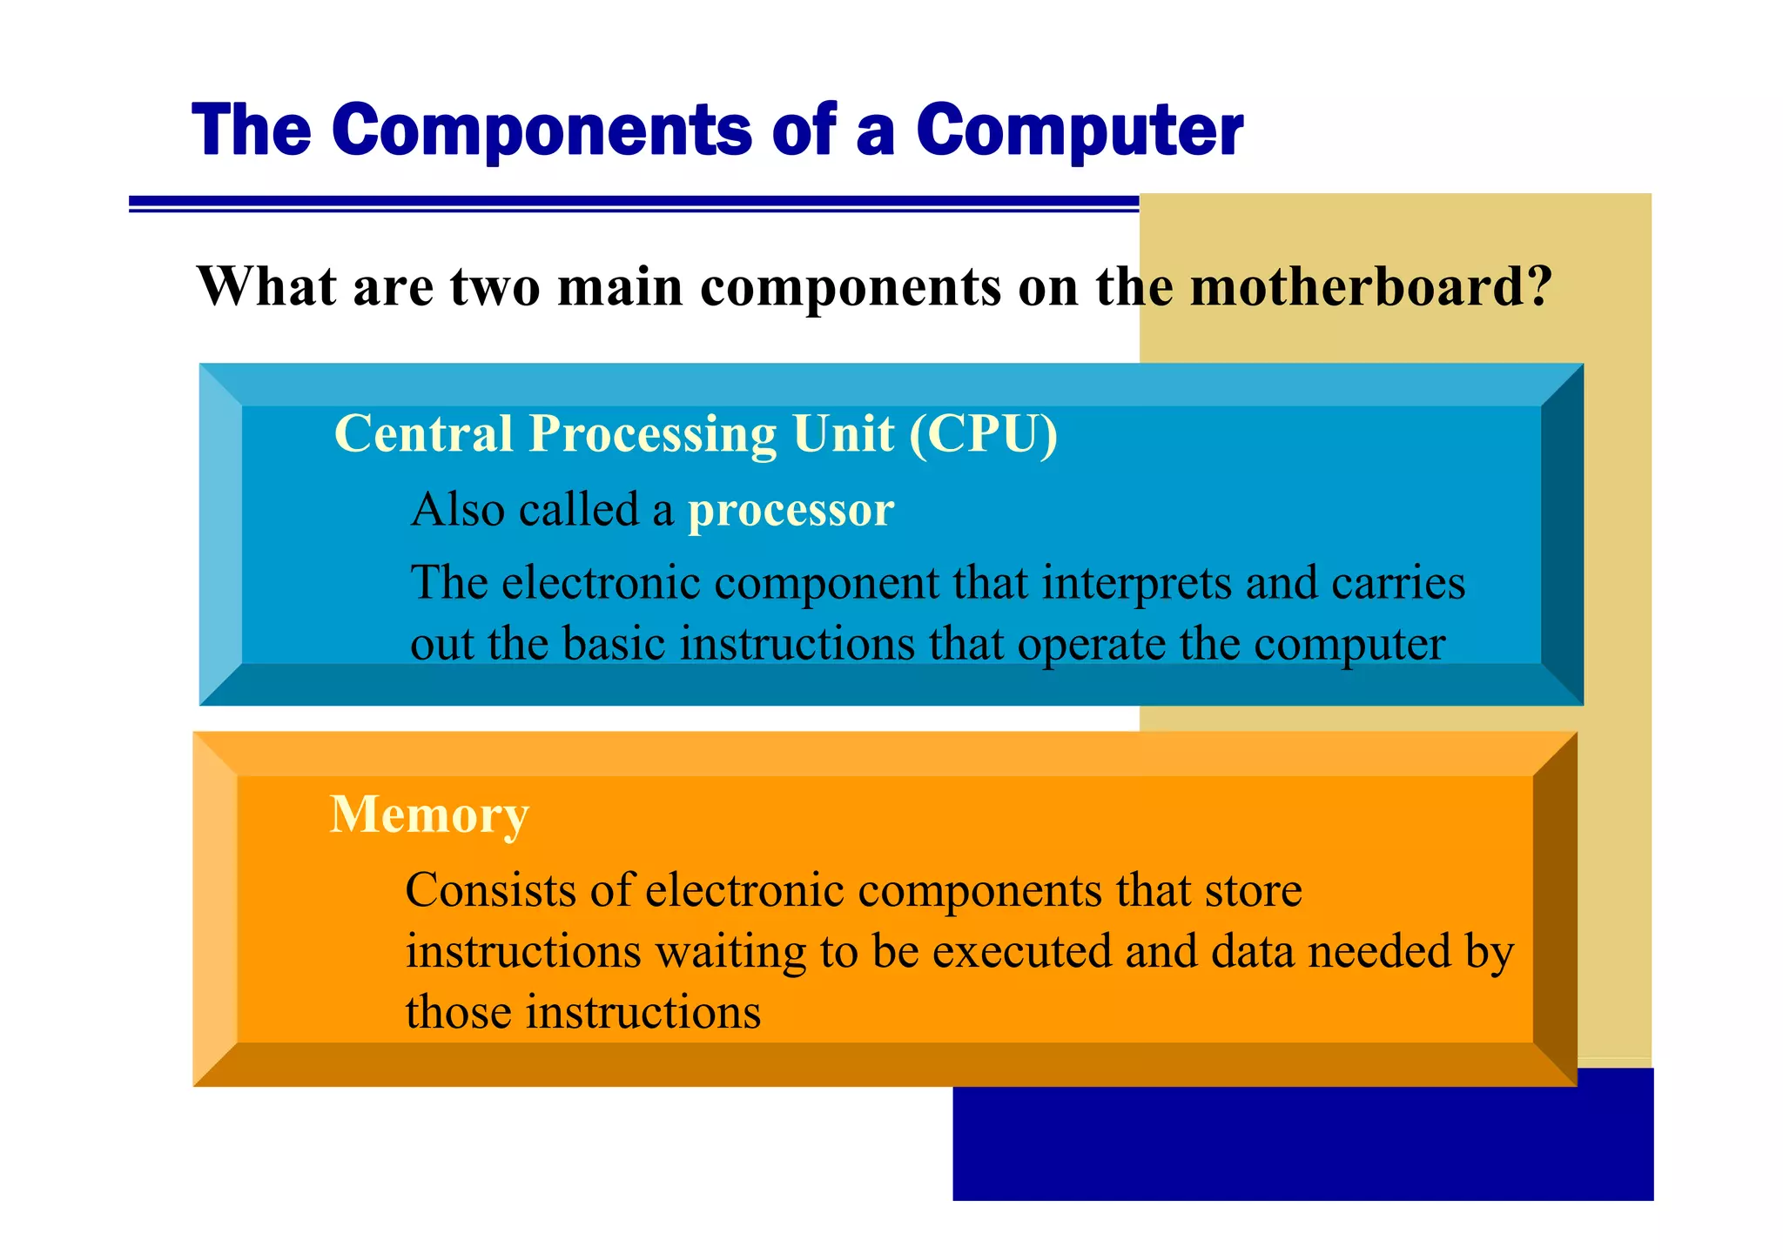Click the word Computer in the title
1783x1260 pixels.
pyautogui.click(x=1080, y=131)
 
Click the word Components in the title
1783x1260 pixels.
pyautogui.click(x=541, y=131)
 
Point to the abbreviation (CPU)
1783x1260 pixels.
pyautogui.click(x=983, y=433)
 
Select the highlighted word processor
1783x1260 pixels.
pyautogui.click(x=791, y=510)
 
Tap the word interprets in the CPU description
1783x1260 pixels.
pyautogui.click(x=1136, y=582)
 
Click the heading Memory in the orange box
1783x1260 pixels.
pyautogui.click(x=429, y=814)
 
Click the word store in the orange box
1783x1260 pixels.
pyautogui.click(x=1253, y=890)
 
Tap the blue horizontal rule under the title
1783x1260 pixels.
pyautogui.click(x=633, y=204)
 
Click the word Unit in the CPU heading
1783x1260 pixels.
pyautogui.click(x=844, y=433)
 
